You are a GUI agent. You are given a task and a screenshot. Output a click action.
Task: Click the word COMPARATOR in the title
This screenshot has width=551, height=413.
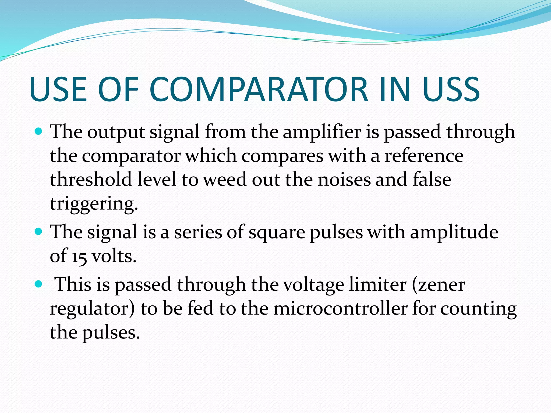coord(259,89)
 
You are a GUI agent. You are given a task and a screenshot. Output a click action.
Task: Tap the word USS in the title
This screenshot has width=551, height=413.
coord(451,89)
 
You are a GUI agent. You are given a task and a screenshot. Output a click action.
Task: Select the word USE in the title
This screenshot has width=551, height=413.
coord(58,89)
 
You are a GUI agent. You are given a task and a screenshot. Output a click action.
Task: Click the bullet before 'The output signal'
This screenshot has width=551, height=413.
coord(39,132)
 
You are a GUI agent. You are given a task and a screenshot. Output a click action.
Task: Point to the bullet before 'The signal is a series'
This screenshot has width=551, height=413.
coord(39,231)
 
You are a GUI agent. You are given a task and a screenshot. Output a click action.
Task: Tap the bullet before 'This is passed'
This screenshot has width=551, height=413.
coord(39,284)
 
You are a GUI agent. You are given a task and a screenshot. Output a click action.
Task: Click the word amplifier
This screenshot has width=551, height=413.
coord(322,132)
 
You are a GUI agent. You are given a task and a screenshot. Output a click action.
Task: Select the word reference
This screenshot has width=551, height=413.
coord(424,156)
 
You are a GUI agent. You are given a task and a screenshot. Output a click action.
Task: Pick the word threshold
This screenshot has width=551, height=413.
coord(91,179)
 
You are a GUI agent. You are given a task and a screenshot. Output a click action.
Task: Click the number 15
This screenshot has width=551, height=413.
coord(79,256)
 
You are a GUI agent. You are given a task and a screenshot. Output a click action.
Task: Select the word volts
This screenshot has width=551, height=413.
coord(114,256)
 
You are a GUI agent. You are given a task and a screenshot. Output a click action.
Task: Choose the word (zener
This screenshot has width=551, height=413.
coord(438,284)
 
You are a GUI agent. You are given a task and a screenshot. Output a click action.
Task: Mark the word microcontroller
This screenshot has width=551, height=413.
coord(340,308)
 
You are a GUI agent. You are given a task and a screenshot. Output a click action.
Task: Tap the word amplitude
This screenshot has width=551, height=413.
coord(454,232)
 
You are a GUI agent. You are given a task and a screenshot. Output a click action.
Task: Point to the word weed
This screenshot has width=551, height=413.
coord(225,179)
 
